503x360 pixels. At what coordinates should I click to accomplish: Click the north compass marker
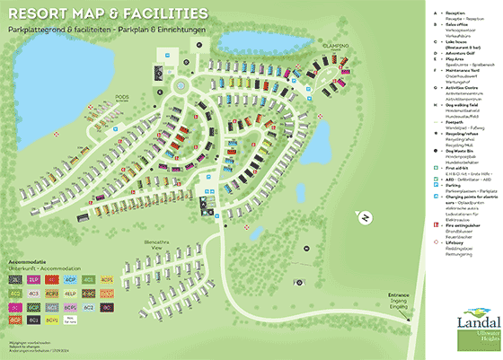coord(366,217)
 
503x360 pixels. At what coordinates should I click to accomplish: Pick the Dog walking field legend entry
coord(465,108)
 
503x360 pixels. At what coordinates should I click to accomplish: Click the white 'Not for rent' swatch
coord(71,320)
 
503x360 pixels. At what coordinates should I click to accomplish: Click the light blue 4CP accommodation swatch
coord(71,280)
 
